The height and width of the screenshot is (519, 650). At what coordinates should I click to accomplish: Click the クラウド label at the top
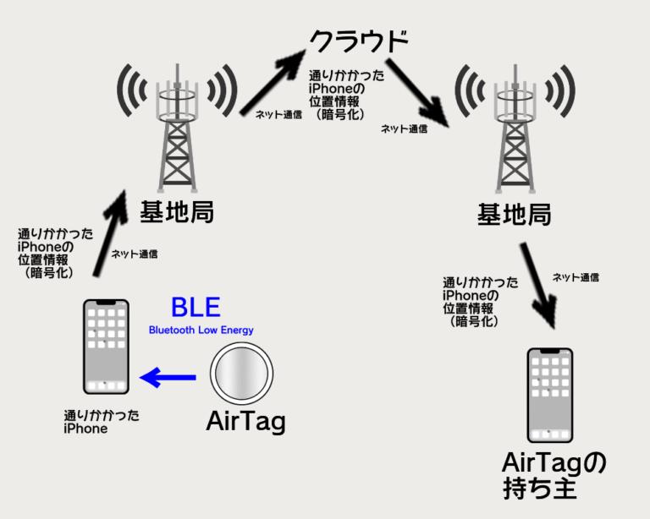(360, 41)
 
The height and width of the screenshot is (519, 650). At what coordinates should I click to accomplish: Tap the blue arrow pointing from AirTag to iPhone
(168, 377)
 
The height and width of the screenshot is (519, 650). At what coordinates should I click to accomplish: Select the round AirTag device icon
(241, 374)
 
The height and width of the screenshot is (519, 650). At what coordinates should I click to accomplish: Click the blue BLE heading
(196, 307)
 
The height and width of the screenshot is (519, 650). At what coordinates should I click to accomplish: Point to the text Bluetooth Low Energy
(201, 330)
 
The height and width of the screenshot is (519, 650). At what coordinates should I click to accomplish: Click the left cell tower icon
(178, 128)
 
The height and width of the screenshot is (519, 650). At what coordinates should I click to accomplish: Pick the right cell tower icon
(515, 128)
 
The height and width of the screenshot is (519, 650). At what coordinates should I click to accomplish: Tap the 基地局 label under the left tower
(177, 212)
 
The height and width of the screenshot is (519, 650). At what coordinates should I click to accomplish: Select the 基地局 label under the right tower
(515, 215)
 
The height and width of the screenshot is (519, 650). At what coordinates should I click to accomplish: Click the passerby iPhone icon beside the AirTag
(106, 347)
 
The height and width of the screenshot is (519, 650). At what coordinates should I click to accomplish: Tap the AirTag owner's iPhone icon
(549, 396)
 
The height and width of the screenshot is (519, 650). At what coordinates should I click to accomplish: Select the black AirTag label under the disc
(245, 422)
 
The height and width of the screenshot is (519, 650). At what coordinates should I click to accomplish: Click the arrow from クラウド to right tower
(417, 93)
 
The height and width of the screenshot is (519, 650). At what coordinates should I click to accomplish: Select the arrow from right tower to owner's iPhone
(537, 285)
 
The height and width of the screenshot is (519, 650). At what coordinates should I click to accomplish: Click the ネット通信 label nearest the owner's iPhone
(576, 277)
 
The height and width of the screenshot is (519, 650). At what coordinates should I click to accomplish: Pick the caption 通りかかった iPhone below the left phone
(102, 422)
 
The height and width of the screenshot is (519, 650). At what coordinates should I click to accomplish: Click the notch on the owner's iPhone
(549, 351)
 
